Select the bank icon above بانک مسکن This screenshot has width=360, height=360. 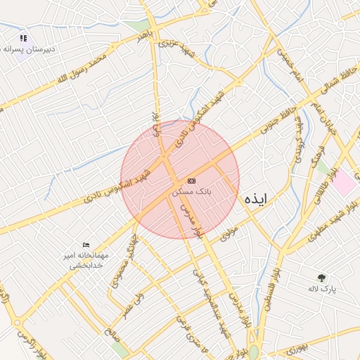pyautogui.click(x=192, y=181)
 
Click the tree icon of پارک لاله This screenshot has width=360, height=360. pyautogui.click(x=322, y=278)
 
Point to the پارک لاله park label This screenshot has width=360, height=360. pyautogui.click(x=323, y=289)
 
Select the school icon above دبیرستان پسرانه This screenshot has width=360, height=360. pyautogui.click(x=23, y=39)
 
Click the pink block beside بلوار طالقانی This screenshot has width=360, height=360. pyautogui.click(x=344, y=184)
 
